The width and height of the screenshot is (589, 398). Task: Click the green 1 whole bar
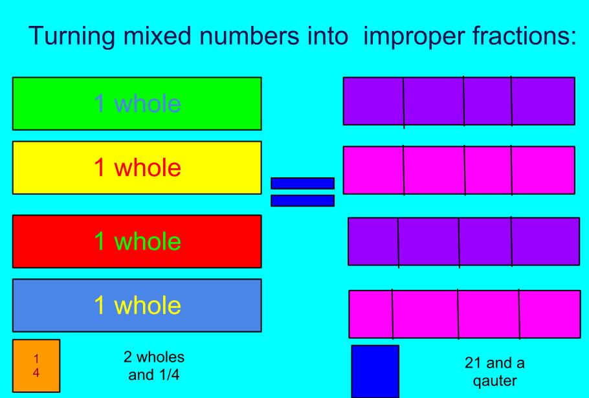click(x=137, y=104)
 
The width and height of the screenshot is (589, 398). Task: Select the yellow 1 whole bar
click(x=137, y=168)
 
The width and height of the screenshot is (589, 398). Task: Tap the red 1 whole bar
click(x=137, y=241)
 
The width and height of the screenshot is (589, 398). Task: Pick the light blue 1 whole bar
click(x=137, y=305)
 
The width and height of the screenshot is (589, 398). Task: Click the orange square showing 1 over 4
click(x=36, y=366)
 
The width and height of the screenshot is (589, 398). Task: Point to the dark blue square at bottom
click(x=375, y=371)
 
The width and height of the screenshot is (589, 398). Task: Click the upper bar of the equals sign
click(x=302, y=183)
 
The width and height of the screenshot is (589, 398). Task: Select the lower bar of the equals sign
click(x=302, y=201)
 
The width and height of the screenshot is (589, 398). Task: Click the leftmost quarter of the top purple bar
click(x=373, y=101)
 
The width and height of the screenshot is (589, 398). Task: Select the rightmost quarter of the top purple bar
click(x=542, y=101)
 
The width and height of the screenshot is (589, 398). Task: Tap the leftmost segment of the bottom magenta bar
click(x=371, y=314)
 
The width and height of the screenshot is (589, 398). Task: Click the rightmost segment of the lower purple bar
click(x=545, y=241)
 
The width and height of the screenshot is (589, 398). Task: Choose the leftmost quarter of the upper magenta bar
click(x=373, y=170)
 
